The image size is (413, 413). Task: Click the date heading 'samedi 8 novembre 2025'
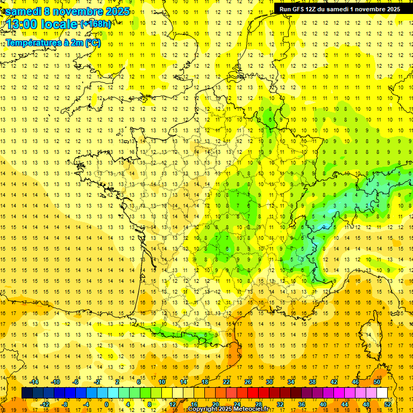pyautogui.click(x=67, y=11)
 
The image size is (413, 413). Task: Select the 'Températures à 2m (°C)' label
pyautogui.click(x=53, y=42)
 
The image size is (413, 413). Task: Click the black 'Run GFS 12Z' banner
pyautogui.click(x=340, y=9)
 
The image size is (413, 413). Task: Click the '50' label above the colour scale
pyautogui.click(x=377, y=381)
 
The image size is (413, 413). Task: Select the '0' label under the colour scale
pyautogui.click(x=107, y=404)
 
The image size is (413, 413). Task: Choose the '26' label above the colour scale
pyautogui.click(x=248, y=381)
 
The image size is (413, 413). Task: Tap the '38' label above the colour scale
pyautogui.click(x=312, y=381)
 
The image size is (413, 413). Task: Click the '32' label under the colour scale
pyautogui.click(x=280, y=404)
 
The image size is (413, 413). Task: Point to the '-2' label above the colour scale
pyautogui.click(x=97, y=381)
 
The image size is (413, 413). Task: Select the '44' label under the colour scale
pyautogui.click(x=345, y=404)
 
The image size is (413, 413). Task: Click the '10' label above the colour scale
pyautogui.click(x=162, y=381)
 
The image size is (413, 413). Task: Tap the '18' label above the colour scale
pyautogui.click(x=205, y=381)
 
